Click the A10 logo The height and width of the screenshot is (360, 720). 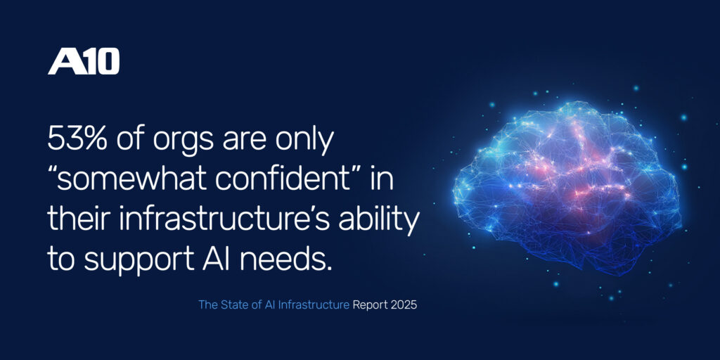[83, 63]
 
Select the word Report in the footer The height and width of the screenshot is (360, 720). [370, 306]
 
